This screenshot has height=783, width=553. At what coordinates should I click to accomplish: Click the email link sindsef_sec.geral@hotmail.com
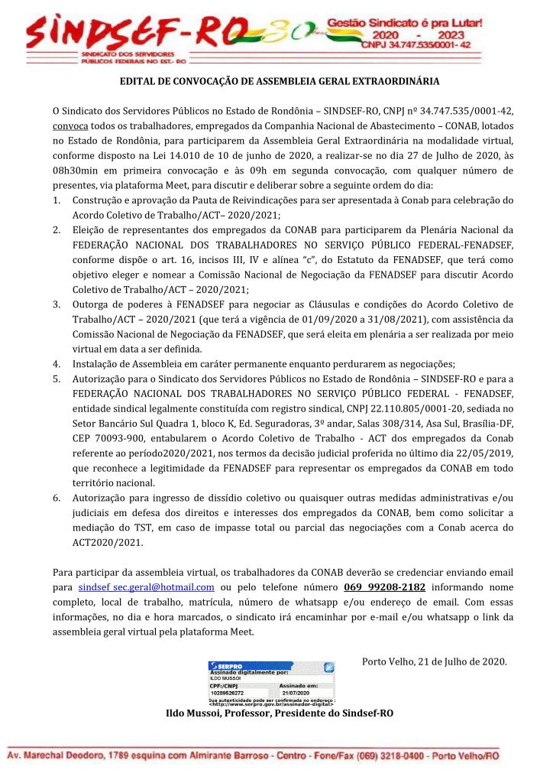[146, 587]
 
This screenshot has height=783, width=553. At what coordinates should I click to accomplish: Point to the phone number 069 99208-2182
[385, 587]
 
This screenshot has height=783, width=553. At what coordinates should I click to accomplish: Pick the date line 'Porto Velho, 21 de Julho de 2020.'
[434, 661]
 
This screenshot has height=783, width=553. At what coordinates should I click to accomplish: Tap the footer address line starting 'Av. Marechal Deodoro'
[253, 755]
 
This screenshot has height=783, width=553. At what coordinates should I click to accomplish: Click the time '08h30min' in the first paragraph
[74, 170]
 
